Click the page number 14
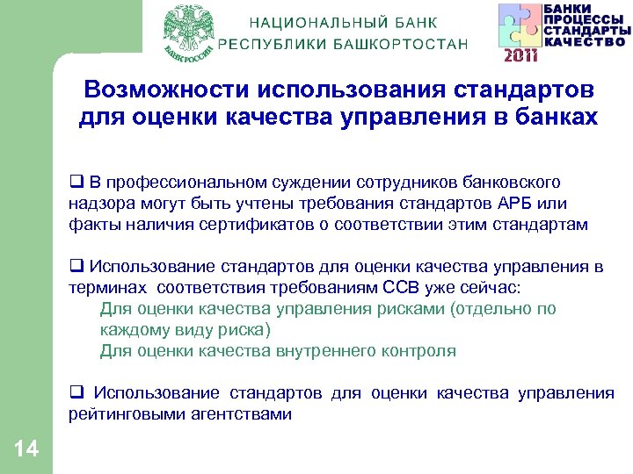[x=26, y=449]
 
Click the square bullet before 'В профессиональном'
[x=76, y=183]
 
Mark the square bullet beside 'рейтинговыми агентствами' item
[x=76, y=393]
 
